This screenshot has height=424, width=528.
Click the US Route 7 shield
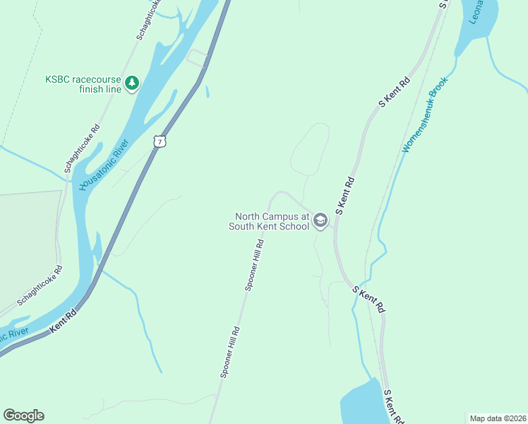160,141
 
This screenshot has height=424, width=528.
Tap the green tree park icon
131,84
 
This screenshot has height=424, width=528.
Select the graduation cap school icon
320,221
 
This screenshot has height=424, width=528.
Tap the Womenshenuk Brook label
426,121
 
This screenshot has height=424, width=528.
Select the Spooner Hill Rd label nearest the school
255,264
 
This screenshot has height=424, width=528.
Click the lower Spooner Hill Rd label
231,353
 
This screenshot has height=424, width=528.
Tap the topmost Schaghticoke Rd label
148,20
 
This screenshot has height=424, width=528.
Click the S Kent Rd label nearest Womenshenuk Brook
395,92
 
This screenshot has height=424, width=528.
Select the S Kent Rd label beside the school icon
344,196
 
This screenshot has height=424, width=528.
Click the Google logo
24,416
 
